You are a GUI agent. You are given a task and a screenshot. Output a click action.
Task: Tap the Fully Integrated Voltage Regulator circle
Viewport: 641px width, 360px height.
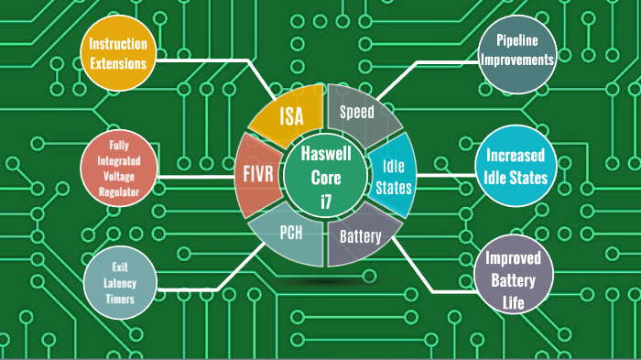118,169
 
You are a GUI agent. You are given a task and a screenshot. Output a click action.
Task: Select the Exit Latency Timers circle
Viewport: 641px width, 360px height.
119,280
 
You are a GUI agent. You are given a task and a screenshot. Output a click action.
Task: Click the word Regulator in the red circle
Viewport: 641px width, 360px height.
118,191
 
